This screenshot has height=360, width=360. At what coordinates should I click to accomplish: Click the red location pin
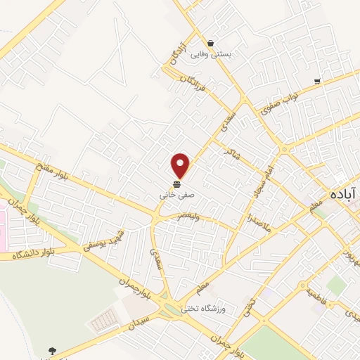point(181,165)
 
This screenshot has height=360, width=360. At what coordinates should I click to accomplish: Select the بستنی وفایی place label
point(232,53)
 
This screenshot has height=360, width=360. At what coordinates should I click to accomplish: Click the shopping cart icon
point(318,81)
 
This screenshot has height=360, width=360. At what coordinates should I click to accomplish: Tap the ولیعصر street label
point(188,217)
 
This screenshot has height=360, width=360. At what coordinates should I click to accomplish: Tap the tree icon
point(52,350)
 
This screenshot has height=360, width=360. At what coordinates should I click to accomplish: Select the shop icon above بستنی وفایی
point(210,43)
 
